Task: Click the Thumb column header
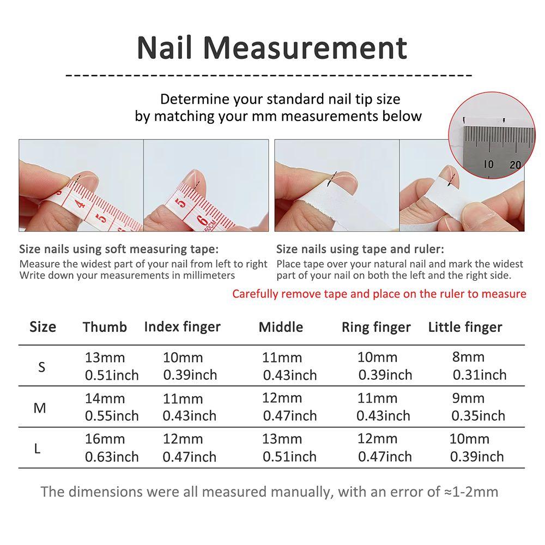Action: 105,327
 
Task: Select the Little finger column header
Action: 465,327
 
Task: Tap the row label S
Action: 42,367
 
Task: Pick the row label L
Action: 38,449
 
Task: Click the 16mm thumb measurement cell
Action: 105,439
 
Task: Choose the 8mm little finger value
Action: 468,358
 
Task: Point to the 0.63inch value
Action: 112,457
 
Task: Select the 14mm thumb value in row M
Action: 105,398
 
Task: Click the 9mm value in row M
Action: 468,398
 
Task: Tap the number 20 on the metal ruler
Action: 515,165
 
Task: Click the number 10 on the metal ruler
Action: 489,163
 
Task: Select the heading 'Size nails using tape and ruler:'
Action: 360,250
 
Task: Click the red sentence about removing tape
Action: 379,294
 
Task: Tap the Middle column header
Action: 281,327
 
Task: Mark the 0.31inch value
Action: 480,375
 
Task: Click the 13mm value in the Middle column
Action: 282,439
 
